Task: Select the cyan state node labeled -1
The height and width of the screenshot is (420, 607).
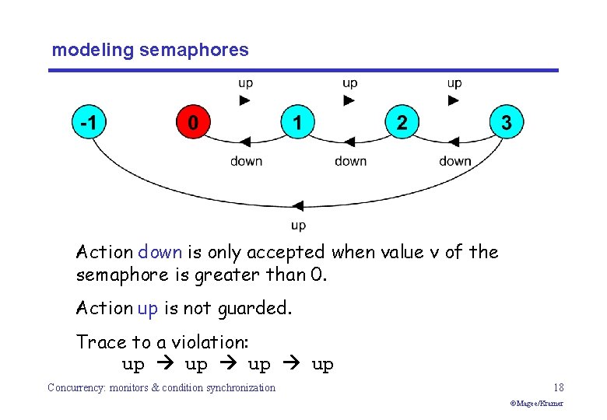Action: pyautogui.click(x=89, y=123)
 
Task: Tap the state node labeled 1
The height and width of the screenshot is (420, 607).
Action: pyautogui.click(x=297, y=123)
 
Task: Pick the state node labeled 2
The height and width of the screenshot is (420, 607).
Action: pyautogui.click(x=402, y=123)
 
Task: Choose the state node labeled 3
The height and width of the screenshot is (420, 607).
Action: pyautogui.click(x=507, y=123)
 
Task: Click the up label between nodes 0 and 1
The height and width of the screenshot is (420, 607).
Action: pyautogui.click(x=245, y=83)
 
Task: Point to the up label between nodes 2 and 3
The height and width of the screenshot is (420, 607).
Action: pyautogui.click(x=454, y=83)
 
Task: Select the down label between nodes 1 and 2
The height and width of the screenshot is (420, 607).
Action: pyautogui.click(x=350, y=161)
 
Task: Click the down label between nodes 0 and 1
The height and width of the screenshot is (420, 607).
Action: pyautogui.click(x=246, y=161)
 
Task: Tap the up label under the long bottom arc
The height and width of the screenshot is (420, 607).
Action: pyautogui.click(x=298, y=225)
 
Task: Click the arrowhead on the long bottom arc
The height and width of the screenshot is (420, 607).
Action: pyautogui.click(x=298, y=207)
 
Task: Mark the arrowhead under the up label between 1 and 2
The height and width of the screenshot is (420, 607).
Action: pyautogui.click(x=349, y=100)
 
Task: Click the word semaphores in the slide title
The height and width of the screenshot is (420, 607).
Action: pyautogui.click(x=195, y=51)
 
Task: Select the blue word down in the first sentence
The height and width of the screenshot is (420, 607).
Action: pyautogui.click(x=160, y=252)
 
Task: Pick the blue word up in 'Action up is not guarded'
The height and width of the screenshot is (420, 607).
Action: pyautogui.click(x=147, y=308)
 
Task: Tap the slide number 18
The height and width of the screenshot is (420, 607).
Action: pyautogui.click(x=559, y=387)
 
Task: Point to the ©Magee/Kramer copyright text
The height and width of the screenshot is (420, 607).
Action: pyautogui.click(x=537, y=404)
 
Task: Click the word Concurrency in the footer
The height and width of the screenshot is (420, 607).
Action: pyautogui.click(x=78, y=387)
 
